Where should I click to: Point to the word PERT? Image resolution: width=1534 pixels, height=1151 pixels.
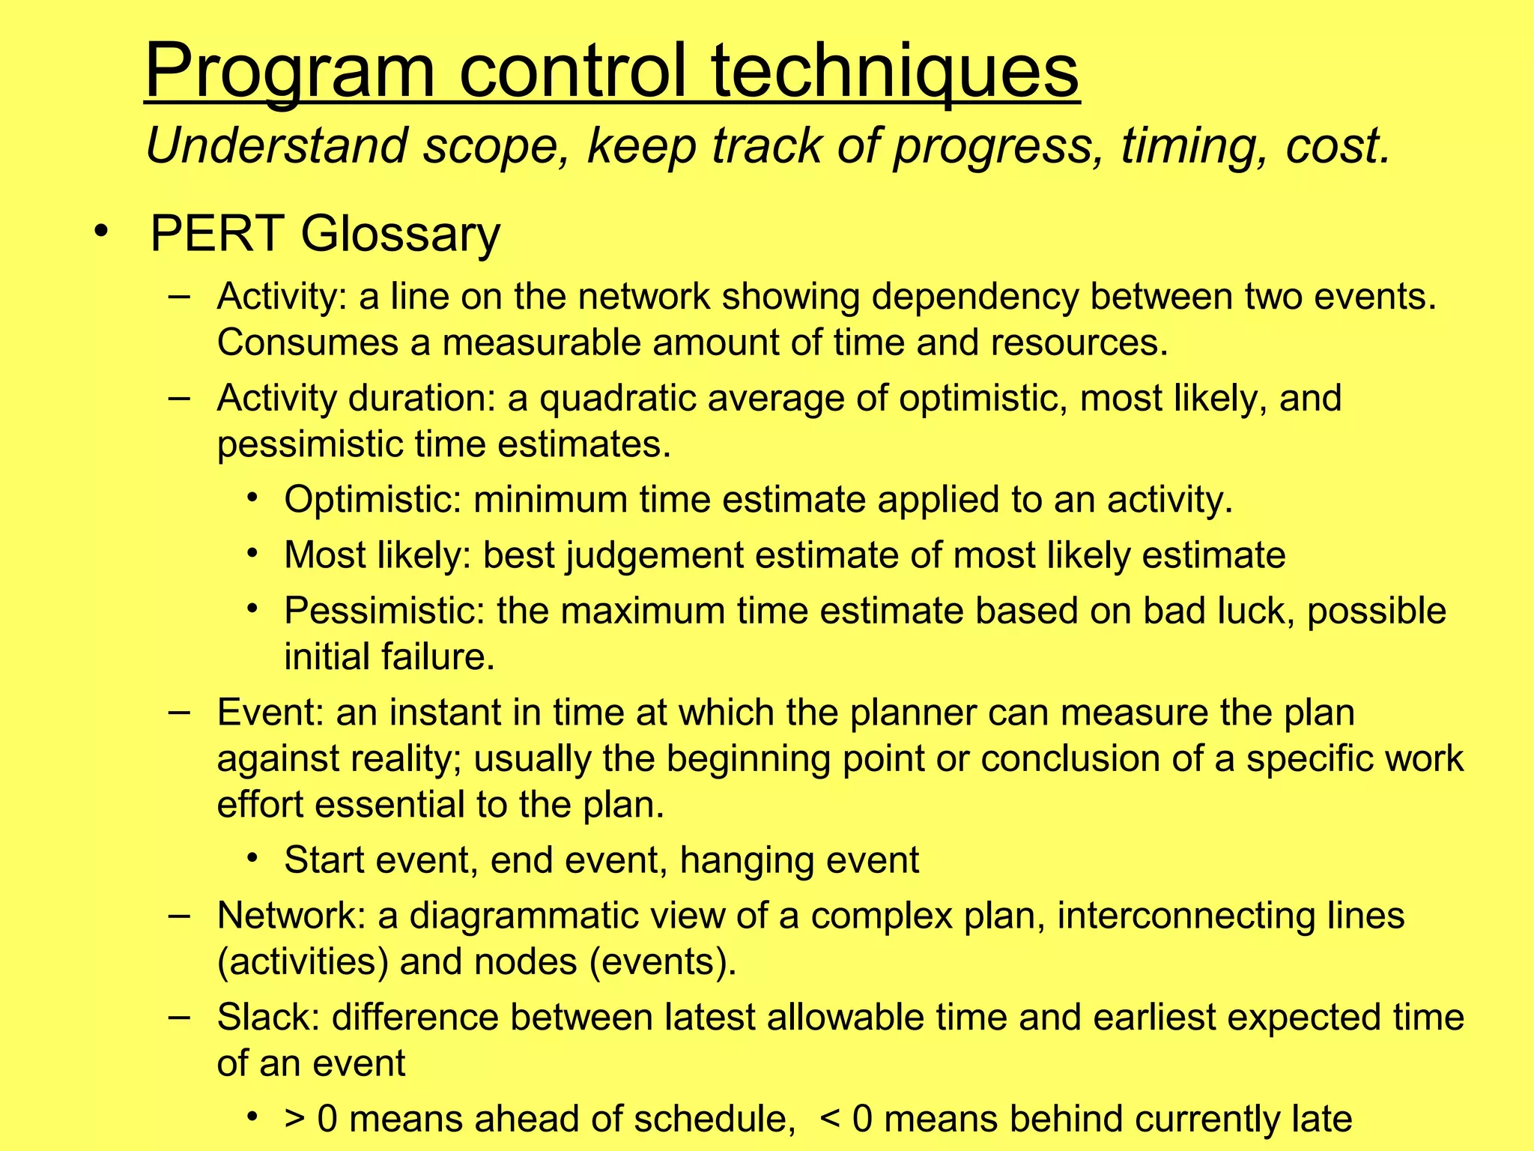coord(217,234)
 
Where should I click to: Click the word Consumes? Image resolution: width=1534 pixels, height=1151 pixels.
coord(307,342)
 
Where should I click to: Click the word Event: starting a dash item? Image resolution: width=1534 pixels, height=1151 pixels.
coord(270,712)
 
